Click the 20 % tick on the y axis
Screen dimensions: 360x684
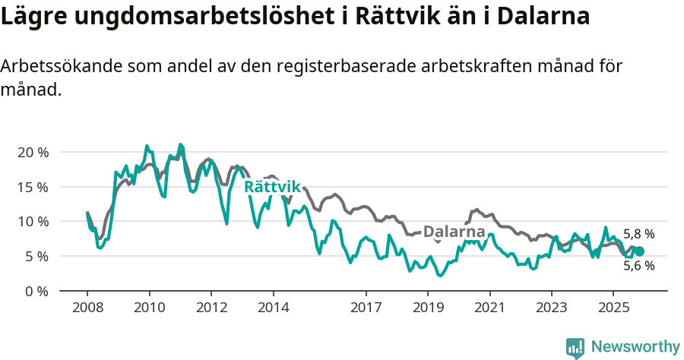point(33,152)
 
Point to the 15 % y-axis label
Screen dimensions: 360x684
point(33,187)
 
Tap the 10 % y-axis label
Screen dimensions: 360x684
point(33,222)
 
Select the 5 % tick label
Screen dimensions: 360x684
point(36,257)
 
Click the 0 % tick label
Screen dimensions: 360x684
point(36,291)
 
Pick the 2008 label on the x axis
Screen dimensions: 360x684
point(87,308)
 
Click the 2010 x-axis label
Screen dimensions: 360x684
point(149,308)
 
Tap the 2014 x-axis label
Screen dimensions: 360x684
point(273,308)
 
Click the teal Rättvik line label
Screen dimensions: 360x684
point(272,187)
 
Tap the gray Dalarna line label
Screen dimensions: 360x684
point(454,232)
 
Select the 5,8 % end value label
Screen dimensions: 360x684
point(638,235)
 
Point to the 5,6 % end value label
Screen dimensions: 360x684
point(638,266)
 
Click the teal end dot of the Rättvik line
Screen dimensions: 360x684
point(639,251)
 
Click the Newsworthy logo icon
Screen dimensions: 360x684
point(575,348)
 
